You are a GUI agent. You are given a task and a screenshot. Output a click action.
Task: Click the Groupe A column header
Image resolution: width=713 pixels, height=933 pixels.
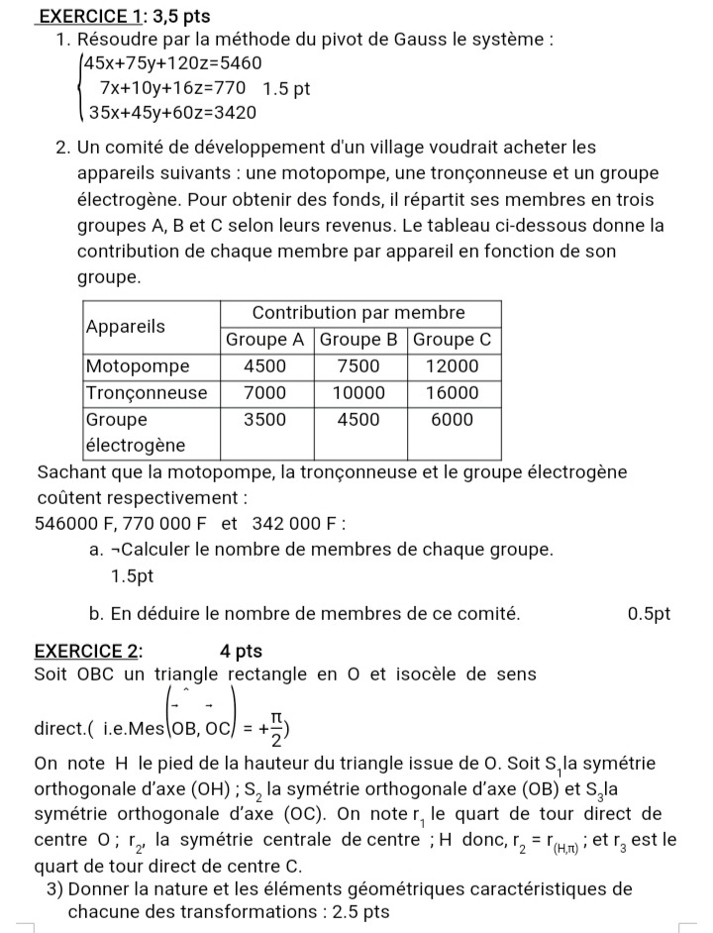tap(265, 340)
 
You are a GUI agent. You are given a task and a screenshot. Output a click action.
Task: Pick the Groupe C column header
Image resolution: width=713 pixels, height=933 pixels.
tap(452, 340)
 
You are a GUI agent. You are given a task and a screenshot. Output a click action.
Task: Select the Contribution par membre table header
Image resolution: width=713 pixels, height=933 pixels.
tap(358, 313)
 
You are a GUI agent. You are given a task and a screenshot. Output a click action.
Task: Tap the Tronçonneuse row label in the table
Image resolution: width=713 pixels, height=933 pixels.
tap(147, 393)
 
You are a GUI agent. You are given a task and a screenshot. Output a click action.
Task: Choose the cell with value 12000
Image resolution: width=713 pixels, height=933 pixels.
tap(453, 366)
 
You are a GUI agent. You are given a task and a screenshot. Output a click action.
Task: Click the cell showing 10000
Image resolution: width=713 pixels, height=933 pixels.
tap(358, 393)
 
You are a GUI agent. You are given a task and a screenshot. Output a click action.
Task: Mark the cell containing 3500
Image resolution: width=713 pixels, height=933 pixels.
tap(265, 420)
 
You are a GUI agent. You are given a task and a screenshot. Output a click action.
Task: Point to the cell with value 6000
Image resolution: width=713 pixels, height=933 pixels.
tap(453, 420)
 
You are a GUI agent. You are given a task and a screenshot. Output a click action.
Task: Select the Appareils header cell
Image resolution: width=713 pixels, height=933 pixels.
tap(126, 326)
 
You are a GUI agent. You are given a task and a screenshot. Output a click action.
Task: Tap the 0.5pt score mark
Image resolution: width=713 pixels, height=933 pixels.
tap(649, 614)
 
